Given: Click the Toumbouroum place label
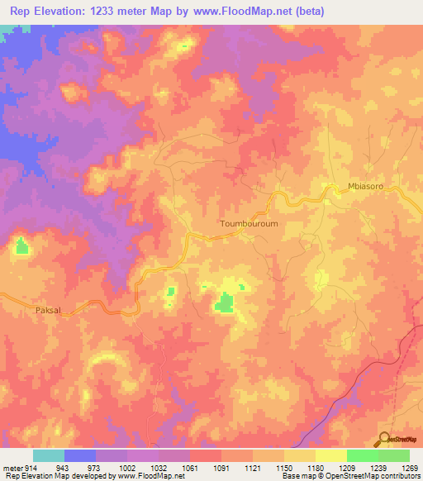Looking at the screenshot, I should pos(230,223).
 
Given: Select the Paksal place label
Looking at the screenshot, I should pos(49,310).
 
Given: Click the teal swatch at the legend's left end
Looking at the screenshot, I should pos(48,455).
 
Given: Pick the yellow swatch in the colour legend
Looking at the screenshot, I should pos(330,455).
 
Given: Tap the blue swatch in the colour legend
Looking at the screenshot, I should pos(79,455).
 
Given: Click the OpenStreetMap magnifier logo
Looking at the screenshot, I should pos(383,440).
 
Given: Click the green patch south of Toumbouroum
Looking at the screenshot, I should pos(224,303).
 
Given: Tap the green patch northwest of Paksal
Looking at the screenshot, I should pos(21,245).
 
